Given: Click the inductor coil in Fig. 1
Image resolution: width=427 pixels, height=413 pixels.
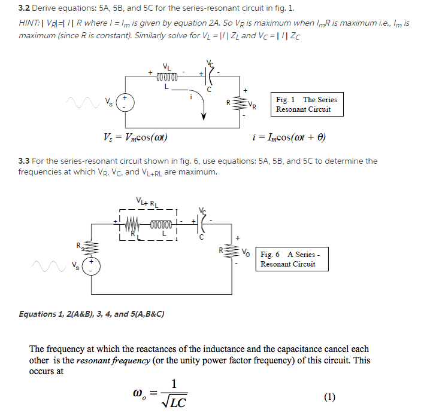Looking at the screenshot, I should (167, 77).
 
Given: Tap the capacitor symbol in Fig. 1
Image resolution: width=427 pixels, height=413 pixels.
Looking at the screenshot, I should (209, 77).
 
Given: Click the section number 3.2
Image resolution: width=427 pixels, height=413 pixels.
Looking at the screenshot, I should (24, 9).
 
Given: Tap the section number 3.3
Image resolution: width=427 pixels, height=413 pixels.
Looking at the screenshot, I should (24, 161).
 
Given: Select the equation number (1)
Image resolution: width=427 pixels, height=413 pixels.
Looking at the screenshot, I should (330, 396).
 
